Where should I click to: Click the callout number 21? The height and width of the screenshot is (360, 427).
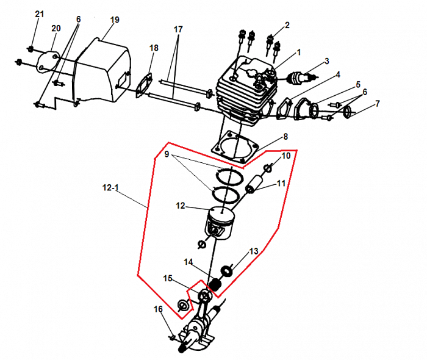pos(40,14)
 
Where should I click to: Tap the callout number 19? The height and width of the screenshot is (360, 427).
pos(115,20)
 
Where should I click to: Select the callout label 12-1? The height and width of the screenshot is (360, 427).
pos(110,187)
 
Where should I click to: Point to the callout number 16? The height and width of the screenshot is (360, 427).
pos(158,309)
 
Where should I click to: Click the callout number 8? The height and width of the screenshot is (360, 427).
pos(285,137)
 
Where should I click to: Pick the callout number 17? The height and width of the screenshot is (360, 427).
pos(178,29)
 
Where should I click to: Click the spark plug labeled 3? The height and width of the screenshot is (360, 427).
pos(303,78)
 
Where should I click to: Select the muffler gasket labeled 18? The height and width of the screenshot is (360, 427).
pos(144,85)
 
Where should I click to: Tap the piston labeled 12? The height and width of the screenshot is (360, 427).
pos(220,223)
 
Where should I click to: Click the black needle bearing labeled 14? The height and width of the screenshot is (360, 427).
pos(215,284)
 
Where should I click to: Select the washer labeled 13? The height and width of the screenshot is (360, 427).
pos(226,271)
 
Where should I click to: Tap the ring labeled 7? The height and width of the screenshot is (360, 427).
pos(348,111)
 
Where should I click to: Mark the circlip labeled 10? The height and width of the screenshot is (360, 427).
pos(268,169)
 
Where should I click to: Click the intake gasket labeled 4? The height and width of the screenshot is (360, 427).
pos(285,108)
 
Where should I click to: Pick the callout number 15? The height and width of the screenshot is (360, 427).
pos(168,279)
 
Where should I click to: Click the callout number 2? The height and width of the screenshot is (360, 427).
pos(287,25)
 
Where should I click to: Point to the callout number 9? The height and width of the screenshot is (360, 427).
pos(167,154)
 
